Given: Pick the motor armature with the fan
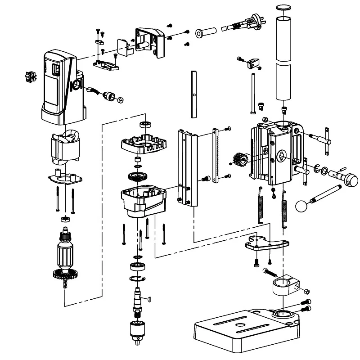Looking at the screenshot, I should click(65, 256).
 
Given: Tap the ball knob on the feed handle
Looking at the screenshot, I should click(302, 206).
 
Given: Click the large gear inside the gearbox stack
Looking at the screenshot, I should click(137, 176).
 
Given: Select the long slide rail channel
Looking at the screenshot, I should click(188, 166).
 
